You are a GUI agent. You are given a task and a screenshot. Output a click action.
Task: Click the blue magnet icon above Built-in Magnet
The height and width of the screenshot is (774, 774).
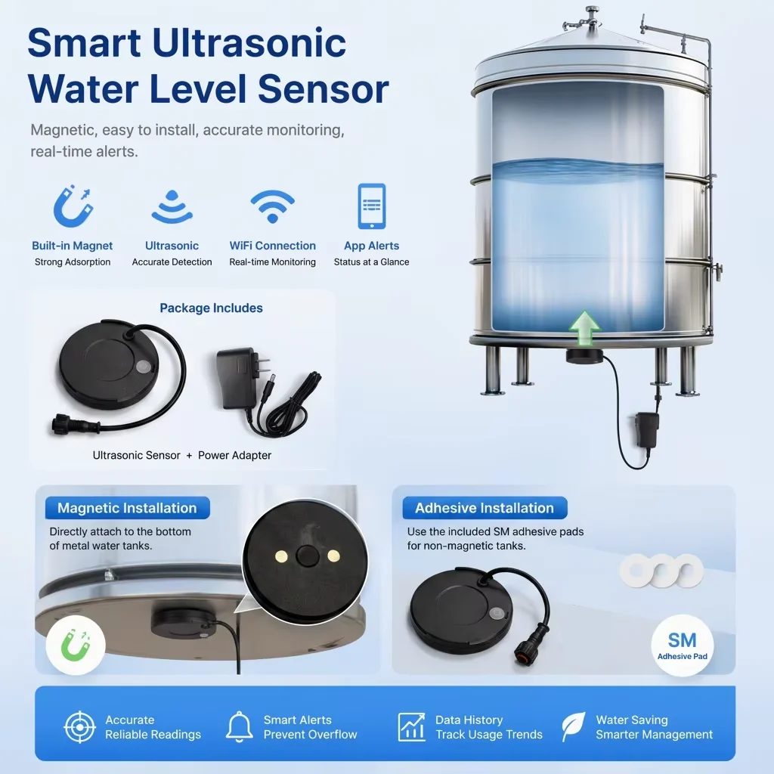pyautogui.click(x=73, y=206)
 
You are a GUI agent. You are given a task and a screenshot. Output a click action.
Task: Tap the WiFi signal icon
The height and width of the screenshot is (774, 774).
pyautogui.click(x=272, y=206)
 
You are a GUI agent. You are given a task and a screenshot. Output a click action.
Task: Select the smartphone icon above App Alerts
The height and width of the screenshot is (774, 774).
pyautogui.click(x=372, y=206)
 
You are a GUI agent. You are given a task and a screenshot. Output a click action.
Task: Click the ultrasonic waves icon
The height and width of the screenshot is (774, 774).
pyautogui.click(x=172, y=206)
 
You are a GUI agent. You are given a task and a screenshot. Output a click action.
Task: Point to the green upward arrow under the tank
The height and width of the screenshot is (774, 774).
pyautogui.click(x=584, y=328)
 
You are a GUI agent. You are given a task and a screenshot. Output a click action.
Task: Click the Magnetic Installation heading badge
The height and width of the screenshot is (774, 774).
pyautogui.click(x=127, y=508)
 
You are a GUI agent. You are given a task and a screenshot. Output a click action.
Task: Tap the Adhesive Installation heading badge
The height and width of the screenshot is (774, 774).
pyautogui.click(x=485, y=508)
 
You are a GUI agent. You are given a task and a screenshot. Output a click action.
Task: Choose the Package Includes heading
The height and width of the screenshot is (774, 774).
pyautogui.click(x=212, y=308)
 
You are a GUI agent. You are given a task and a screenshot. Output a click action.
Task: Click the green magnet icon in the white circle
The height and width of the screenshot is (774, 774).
pyautogui.click(x=76, y=646)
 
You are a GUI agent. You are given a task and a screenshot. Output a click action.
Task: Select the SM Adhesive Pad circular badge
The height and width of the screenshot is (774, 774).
pyautogui.click(x=683, y=646)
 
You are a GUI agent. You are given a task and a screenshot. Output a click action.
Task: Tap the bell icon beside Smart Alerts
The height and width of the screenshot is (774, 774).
pyautogui.click(x=240, y=726)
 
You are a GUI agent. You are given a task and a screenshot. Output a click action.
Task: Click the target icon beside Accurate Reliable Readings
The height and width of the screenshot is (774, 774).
pyautogui.click(x=80, y=727)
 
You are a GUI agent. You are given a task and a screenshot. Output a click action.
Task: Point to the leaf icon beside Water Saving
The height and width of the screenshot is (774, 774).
pyautogui.click(x=574, y=726)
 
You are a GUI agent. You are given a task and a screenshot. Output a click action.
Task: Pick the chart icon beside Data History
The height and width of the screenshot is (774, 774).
pyautogui.click(x=412, y=727)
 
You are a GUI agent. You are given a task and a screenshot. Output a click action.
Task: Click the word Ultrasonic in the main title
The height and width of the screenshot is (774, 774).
pyautogui.click(x=249, y=42)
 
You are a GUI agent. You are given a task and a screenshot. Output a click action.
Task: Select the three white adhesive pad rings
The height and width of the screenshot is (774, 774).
pyautogui.click(x=661, y=571)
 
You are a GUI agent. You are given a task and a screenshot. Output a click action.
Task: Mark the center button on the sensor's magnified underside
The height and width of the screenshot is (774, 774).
pyautogui.click(x=307, y=556)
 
